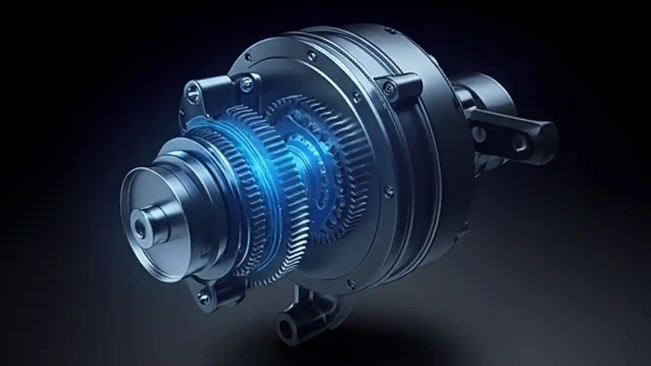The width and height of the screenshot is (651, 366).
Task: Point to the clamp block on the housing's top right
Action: click(399, 86)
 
